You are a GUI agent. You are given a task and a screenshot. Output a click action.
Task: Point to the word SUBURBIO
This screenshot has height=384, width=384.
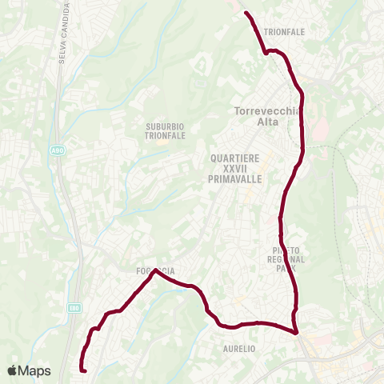pos(165,126)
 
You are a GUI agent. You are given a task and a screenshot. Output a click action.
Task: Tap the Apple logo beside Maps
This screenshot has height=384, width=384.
pos(12,370)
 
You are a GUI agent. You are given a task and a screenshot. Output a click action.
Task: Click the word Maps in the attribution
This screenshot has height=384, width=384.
pos(34,370)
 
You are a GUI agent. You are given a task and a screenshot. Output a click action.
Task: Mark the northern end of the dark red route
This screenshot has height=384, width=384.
pos(246,13)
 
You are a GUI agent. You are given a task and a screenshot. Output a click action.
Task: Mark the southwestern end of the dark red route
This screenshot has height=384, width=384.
pos(83,370)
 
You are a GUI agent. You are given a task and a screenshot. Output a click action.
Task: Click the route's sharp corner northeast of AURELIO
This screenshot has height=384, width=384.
pos(296,333)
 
